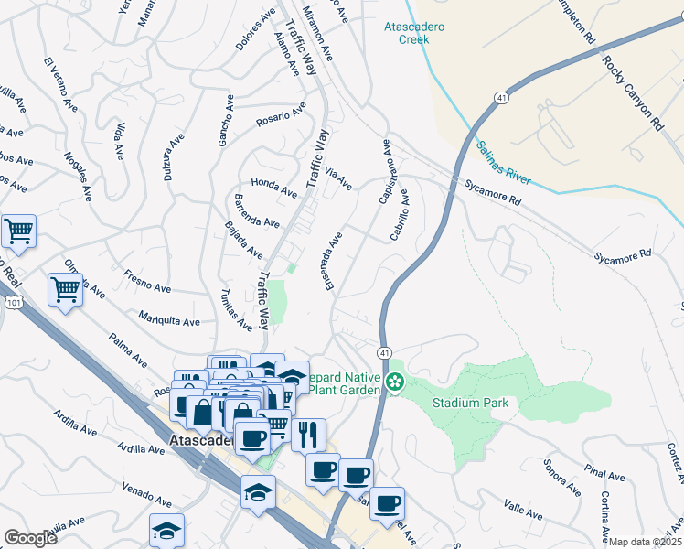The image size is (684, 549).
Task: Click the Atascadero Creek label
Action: (x=414, y=33)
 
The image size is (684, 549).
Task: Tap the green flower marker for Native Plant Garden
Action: (x=395, y=382)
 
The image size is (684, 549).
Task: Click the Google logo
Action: (x=30, y=537)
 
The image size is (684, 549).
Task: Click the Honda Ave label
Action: (x=274, y=187)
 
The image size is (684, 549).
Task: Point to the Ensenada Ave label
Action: (x=332, y=261)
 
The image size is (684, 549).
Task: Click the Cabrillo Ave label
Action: (x=399, y=216)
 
